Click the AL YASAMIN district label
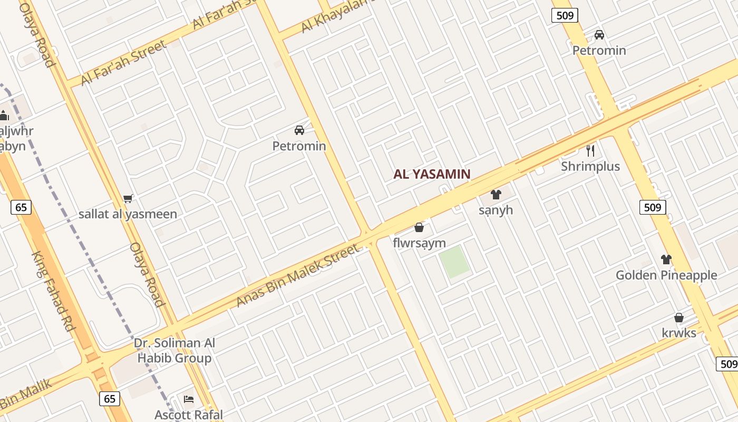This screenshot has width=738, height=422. (432, 174)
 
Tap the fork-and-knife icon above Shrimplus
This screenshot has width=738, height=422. (590, 151)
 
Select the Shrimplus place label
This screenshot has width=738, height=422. (590, 167)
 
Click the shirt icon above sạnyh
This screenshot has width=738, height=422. (496, 195)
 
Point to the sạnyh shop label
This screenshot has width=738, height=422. (496, 210)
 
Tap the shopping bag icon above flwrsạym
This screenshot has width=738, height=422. (419, 227)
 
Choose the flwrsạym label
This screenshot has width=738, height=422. (419, 243)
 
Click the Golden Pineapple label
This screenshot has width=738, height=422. (666, 275)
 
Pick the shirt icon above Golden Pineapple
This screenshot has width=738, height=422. (666, 260)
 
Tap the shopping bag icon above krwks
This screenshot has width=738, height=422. (679, 318)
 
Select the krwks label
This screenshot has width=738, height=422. (679, 333)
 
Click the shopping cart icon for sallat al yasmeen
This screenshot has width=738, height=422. (128, 199)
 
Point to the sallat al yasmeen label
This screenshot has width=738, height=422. (128, 215)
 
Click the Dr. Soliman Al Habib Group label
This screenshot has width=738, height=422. (174, 351)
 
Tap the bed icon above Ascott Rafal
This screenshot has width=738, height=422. (189, 399)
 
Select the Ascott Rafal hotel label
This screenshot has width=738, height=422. (189, 415)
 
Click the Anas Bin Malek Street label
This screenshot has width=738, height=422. (297, 275)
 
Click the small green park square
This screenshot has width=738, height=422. (454, 262)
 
